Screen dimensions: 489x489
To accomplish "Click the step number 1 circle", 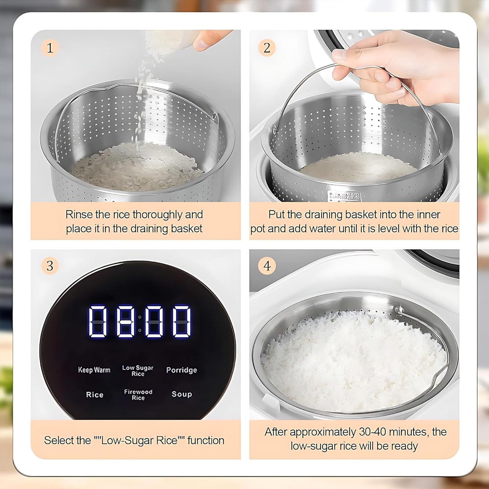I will point(50,48).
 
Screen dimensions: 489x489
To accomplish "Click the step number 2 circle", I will point(267,48).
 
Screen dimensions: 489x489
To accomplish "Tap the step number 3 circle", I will point(50,266).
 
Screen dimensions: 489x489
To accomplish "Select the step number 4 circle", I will point(267,266).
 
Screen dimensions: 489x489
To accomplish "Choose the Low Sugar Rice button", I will point(138,370).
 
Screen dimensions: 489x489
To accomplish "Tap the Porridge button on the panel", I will point(182,370).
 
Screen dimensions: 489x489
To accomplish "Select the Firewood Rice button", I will point(138,395).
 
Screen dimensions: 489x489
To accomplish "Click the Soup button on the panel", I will point(182,394).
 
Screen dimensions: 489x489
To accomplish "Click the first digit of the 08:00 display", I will point(97,322).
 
